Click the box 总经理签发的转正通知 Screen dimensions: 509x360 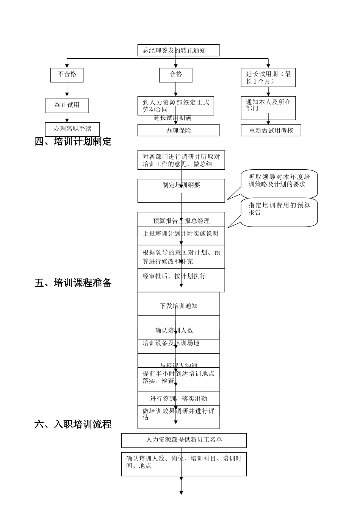click(178, 50)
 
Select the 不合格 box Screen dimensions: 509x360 click(67, 75)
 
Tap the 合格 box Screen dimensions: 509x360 click(175, 75)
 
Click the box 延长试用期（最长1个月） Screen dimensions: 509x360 click(268, 77)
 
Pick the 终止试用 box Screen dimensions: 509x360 click(67, 105)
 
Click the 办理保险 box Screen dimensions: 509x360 click(178, 131)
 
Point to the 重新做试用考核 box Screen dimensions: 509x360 click(271, 131)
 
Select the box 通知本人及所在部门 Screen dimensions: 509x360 click(268, 108)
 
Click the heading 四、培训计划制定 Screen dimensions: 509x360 click(73, 142)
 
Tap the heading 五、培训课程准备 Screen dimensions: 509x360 click(73, 283)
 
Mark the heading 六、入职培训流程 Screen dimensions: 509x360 click(73, 424)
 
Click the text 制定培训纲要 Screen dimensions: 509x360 click(181, 185)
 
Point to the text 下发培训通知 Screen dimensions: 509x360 click(178, 306)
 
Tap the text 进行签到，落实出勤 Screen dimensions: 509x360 click(178, 398)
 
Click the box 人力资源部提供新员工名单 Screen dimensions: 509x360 click(184, 440)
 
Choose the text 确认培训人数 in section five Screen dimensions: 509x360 click(174, 330)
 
